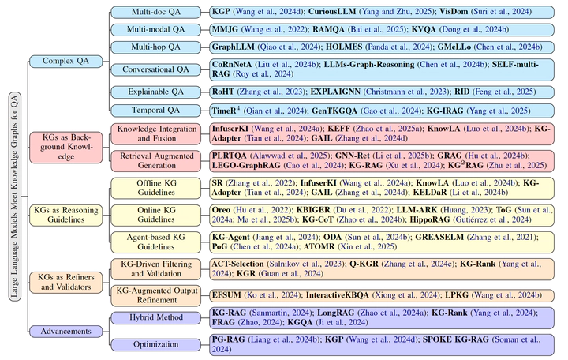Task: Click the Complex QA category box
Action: tap(60, 61)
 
